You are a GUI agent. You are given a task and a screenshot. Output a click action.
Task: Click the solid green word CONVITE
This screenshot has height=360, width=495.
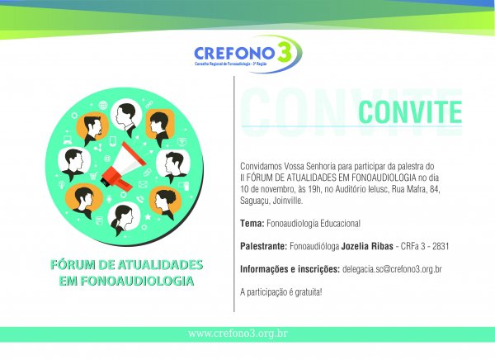click(410, 112)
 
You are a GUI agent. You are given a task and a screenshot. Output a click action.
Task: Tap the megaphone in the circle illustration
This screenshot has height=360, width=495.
click(123, 166)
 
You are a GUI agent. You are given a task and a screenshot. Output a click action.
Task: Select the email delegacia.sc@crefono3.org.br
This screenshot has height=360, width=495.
click(392, 269)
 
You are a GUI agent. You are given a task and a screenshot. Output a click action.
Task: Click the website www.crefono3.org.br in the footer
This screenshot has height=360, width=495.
click(238, 334)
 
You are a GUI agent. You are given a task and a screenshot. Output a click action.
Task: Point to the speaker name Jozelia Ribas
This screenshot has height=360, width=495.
click(367, 246)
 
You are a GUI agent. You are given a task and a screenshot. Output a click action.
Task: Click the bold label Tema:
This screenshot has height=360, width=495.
click(252, 224)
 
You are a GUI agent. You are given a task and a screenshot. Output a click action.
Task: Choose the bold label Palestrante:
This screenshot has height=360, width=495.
click(264, 246)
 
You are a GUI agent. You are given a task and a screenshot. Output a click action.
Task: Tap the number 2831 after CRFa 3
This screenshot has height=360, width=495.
click(441, 246)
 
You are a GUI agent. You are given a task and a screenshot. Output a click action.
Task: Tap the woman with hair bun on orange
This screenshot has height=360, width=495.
click(165, 202)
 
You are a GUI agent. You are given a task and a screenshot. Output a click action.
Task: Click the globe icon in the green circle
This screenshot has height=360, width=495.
click(103, 105)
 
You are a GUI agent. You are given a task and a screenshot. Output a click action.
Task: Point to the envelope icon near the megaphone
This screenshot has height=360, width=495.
click(143, 184)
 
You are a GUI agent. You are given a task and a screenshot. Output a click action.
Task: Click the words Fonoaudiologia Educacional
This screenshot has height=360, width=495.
click(313, 224)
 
